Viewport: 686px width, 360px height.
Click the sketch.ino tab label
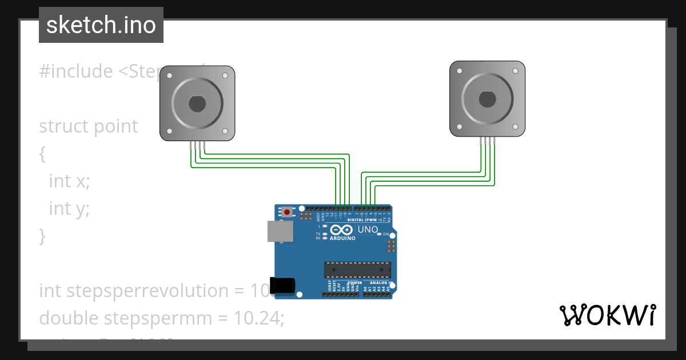coord(101,25)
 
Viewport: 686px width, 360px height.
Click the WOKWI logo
coord(607,315)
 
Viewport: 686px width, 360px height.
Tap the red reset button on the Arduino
coord(287,212)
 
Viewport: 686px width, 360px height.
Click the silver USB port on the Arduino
coord(280,231)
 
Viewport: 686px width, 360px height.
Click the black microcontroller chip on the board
coord(357,270)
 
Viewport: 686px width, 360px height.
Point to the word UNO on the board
coord(368,230)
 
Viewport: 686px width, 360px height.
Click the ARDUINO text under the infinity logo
coord(343,238)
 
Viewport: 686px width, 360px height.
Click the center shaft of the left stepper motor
coord(197,103)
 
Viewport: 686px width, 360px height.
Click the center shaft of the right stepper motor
coord(487,99)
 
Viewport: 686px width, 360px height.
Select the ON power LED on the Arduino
coord(379,234)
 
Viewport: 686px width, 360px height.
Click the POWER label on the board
coord(354,283)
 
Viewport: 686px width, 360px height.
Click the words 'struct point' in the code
coord(88,126)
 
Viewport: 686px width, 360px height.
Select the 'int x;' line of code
coord(69,181)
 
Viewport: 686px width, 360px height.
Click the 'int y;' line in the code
coord(69,209)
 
